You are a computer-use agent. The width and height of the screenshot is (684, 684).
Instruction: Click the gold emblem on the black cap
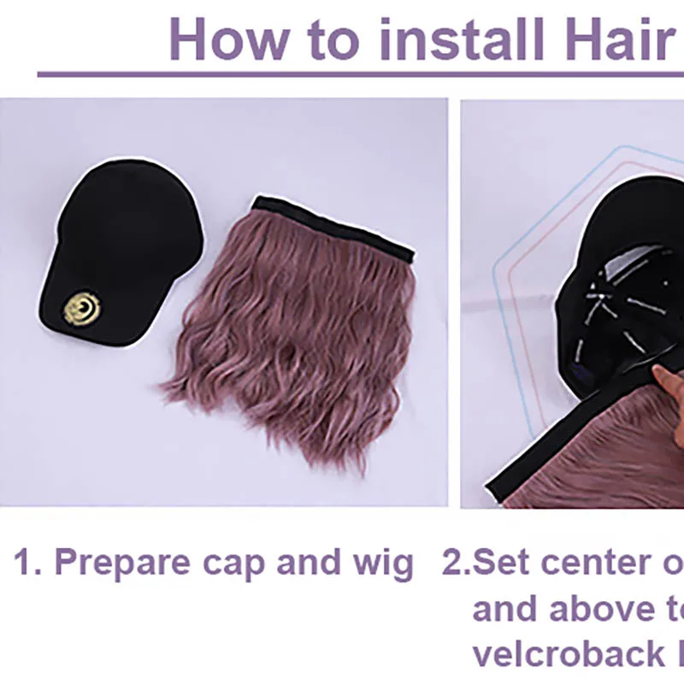tap(82, 309)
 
